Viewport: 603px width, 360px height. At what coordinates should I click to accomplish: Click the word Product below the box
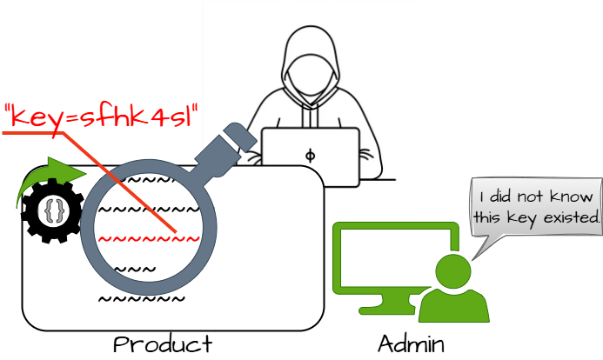162,343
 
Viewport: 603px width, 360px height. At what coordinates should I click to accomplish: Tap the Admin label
412,343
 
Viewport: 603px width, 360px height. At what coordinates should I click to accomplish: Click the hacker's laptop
311,155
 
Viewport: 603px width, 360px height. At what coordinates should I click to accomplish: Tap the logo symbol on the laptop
311,156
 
